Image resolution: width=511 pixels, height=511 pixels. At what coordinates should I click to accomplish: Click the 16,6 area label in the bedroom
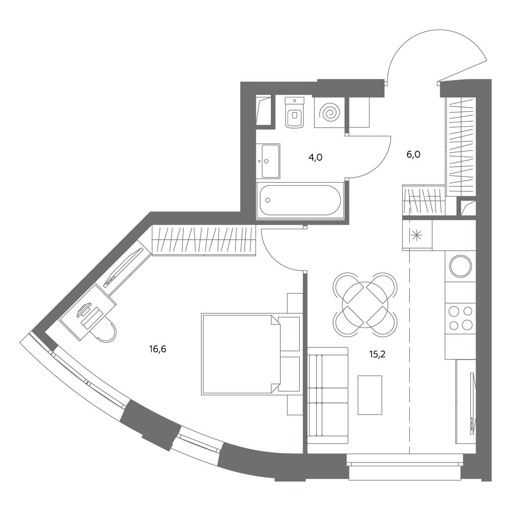(x=158, y=349)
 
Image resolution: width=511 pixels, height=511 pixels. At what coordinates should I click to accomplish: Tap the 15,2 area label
(x=377, y=354)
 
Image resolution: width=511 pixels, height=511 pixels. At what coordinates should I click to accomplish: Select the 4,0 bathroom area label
(x=315, y=158)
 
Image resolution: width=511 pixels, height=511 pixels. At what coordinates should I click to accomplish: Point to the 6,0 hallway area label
(x=414, y=154)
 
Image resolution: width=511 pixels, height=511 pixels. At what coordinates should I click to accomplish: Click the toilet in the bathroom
(x=294, y=112)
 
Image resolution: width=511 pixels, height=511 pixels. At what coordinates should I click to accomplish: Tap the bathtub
(x=300, y=200)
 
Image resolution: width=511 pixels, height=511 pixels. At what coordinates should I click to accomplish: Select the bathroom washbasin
(x=268, y=161)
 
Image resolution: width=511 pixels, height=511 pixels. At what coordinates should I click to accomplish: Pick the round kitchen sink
(x=461, y=266)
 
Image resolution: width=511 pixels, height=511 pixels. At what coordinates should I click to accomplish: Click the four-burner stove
(x=460, y=318)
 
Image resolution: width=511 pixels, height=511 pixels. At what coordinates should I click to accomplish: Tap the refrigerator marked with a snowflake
(x=417, y=235)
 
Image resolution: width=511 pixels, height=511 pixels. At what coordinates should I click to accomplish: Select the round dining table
(x=365, y=304)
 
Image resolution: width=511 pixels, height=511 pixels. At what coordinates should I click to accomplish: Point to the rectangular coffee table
(x=370, y=395)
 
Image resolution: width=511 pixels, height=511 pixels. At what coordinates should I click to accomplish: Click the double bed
(x=252, y=355)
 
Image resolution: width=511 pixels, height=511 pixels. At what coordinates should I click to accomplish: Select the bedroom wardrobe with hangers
(x=204, y=240)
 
